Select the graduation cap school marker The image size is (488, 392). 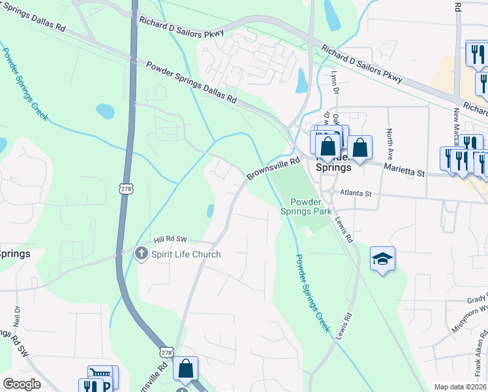(382, 259)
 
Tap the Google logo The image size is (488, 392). (21, 384)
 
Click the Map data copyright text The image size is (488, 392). (461, 387)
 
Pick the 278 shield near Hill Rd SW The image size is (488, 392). (125, 188)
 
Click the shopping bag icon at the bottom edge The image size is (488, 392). (186, 368)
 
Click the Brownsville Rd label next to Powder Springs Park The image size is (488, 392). (273, 169)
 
